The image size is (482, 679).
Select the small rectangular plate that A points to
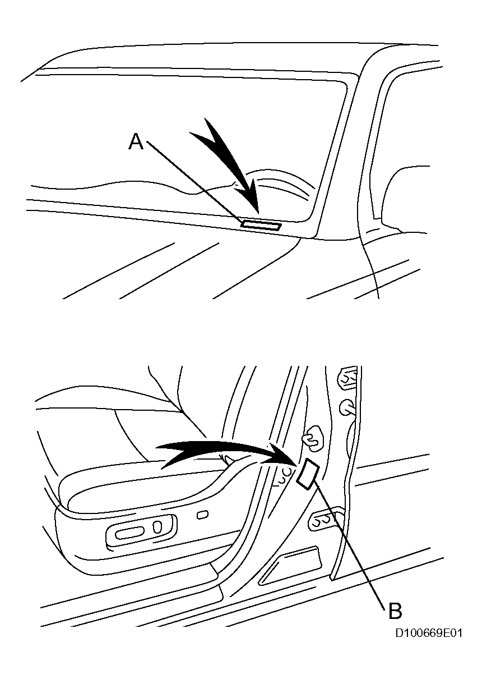261,226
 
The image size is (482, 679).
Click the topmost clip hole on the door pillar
348,377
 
